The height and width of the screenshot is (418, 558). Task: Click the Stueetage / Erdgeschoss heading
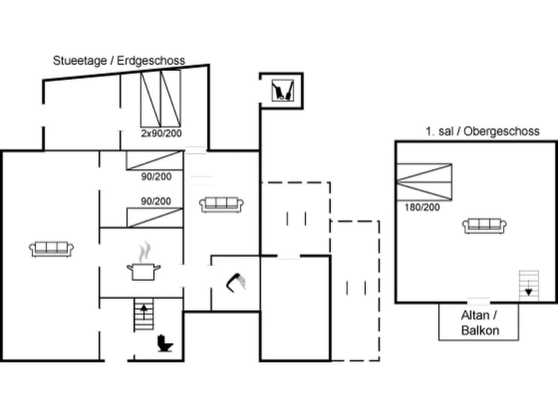(119, 60)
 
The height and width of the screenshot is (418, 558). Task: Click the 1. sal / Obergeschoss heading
(482, 131)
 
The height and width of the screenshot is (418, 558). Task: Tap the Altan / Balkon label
(480, 323)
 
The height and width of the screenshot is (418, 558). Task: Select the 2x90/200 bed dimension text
(160, 133)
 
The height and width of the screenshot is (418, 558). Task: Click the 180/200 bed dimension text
(422, 207)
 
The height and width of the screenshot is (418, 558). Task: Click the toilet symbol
(166, 344)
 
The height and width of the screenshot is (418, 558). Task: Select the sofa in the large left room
(52, 248)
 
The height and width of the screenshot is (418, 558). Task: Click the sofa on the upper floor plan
(485, 225)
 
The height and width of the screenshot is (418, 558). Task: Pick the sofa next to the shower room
(221, 204)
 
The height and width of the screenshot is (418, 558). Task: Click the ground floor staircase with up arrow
(143, 315)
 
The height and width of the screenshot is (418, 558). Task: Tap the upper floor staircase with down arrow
(528, 285)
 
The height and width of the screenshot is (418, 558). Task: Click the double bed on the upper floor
(424, 182)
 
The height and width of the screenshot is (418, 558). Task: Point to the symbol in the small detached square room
(281, 91)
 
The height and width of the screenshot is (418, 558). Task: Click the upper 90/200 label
(156, 176)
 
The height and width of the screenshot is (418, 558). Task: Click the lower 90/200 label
(156, 201)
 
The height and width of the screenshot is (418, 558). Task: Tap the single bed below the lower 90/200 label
(155, 217)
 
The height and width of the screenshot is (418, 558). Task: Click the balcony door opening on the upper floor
(479, 301)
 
